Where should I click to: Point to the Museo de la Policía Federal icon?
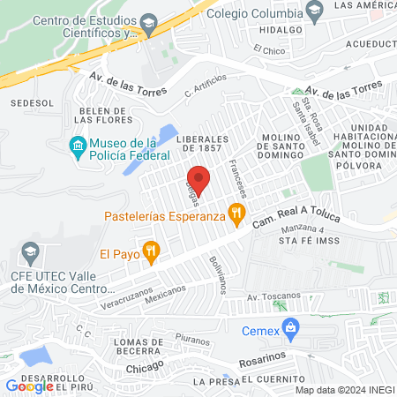point(78,145)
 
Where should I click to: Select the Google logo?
point(30,386)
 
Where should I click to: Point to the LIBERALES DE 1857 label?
point(203,145)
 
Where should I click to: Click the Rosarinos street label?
point(264,362)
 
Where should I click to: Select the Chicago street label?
point(145,366)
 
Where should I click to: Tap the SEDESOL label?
point(26,103)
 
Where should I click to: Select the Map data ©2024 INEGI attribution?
point(345,390)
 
